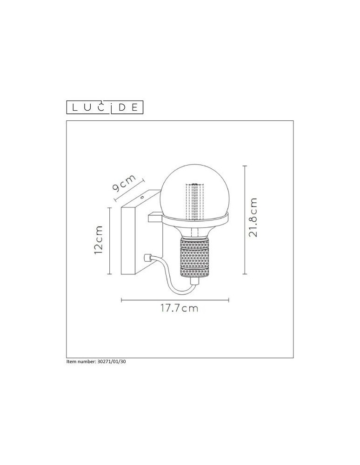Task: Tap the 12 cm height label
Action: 98,240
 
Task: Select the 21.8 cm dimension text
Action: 253,218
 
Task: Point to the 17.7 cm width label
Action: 179,309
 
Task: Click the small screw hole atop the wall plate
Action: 141,197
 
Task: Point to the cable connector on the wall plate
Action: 148,257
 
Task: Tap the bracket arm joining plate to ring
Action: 154,217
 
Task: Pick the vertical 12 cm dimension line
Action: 109,241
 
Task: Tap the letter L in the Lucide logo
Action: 74,108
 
